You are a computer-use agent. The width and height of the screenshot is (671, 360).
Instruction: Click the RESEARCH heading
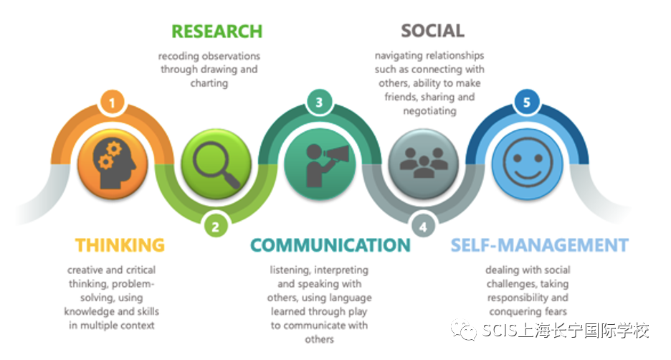[216, 32]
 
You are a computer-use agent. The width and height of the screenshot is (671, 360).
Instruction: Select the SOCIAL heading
[432, 31]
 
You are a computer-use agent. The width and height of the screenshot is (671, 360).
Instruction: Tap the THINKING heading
[120, 245]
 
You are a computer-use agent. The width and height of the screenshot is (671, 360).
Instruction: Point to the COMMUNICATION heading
[330, 245]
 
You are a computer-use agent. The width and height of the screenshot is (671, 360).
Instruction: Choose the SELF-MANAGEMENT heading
[539, 245]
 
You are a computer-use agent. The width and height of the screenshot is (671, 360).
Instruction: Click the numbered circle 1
[111, 103]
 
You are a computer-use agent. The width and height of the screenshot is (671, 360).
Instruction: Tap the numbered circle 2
[215, 227]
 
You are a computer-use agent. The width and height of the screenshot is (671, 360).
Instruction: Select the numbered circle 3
[319, 103]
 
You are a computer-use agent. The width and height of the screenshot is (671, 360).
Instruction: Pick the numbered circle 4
[423, 227]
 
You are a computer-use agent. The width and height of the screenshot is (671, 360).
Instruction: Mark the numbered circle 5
[527, 103]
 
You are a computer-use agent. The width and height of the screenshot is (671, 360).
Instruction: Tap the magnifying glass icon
[215, 163]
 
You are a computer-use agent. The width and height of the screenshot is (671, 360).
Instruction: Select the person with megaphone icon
[319, 163]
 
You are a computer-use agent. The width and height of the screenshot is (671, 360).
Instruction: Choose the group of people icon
[423, 163]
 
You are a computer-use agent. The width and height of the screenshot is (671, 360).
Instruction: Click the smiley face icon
[527, 163]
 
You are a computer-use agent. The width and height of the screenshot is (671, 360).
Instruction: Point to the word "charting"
[209, 83]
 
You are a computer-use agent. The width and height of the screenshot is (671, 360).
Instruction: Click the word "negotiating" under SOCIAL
[430, 110]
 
